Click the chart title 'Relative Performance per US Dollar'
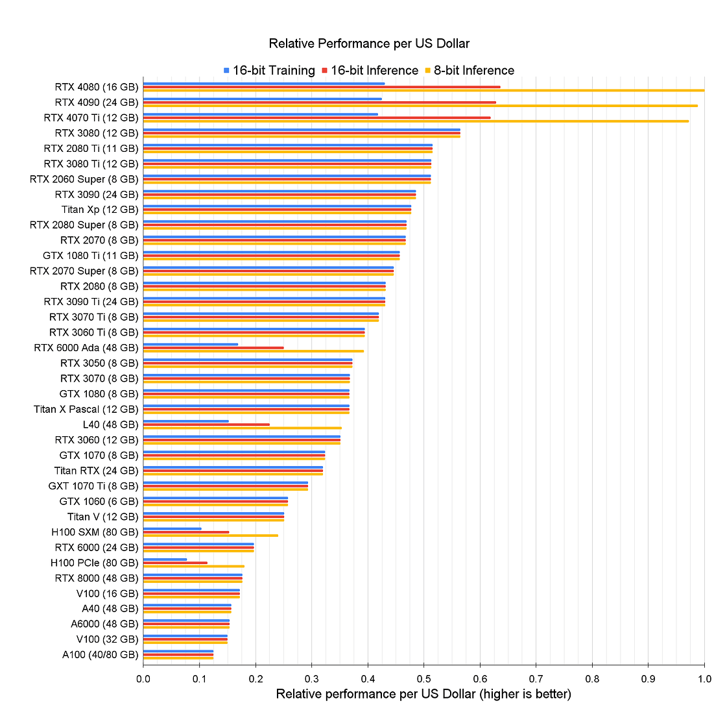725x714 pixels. pyautogui.click(x=369, y=44)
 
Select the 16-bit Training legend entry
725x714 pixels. pyautogui.click(x=268, y=71)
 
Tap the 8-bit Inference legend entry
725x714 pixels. pyautogui.click(x=469, y=71)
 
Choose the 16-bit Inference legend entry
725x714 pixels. pyautogui.click(x=370, y=71)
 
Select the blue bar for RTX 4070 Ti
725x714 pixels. pyautogui.click(x=260, y=114)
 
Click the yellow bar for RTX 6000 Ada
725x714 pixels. pyautogui.click(x=253, y=351)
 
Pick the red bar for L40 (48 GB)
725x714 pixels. pyautogui.click(x=206, y=425)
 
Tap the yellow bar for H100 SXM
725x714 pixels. pyautogui.click(x=210, y=535)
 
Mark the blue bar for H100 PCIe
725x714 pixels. pyautogui.click(x=165, y=560)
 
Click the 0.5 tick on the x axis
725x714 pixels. pyautogui.click(x=423, y=679)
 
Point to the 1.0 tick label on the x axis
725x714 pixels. pyautogui.click(x=704, y=679)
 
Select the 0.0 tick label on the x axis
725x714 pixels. pyautogui.click(x=143, y=679)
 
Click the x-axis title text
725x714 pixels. pyautogui.click(x=423, y=695)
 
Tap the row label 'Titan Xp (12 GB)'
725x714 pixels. pyautogui.click(x=100, y=210)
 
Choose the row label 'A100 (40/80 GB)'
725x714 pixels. pyautogui.click(x=100, y=655)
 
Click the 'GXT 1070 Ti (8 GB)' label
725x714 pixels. pyautogui.click(x=93, y=486)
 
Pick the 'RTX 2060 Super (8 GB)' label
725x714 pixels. pyautogui.click(x=84, y=179)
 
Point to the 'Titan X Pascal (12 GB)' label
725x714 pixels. pyautogui.click(x=86, y=410)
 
